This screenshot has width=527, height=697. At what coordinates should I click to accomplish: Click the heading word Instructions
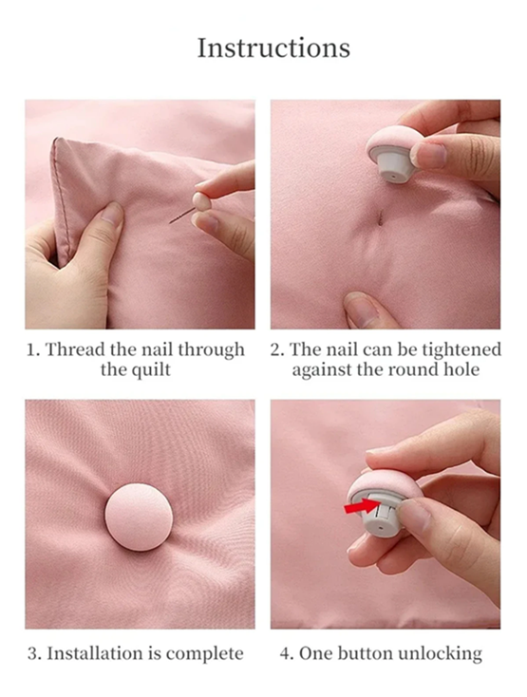(273, 47)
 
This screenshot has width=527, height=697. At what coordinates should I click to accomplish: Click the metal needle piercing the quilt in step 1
(180, 217)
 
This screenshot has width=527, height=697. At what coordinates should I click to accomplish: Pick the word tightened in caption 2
(453, 350)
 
